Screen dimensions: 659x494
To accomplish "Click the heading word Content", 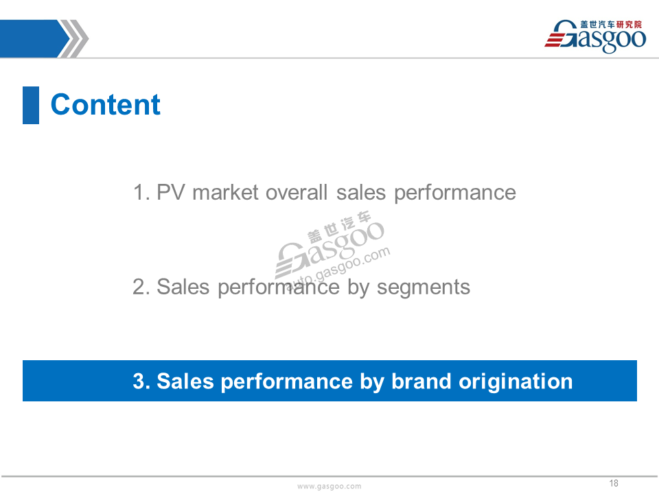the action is (106, 104).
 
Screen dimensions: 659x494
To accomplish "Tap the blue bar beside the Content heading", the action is (31, 105).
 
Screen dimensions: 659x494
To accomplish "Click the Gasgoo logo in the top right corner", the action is (595, 36).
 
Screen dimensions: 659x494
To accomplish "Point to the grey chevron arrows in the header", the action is (73, 38).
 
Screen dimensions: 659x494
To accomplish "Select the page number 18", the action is (614, 483).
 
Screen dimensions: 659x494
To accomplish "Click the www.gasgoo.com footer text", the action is (329, 486).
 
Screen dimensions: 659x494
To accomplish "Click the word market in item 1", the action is (225, 193).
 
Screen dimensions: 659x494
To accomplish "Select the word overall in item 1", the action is (297, 193).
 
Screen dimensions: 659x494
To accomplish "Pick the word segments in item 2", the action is (424, 288).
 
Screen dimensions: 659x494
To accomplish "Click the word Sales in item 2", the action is (183, 287).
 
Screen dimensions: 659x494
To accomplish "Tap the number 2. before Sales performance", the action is (141, 287).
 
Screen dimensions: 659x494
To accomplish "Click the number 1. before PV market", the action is (141, 193).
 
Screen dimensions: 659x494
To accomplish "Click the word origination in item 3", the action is (516, 382).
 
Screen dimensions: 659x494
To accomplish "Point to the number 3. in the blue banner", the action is (141, 381).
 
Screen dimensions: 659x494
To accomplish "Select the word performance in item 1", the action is (454, 193).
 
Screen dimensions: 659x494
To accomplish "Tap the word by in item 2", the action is (358, 288).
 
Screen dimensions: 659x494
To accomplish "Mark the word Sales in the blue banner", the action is (185, 381).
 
